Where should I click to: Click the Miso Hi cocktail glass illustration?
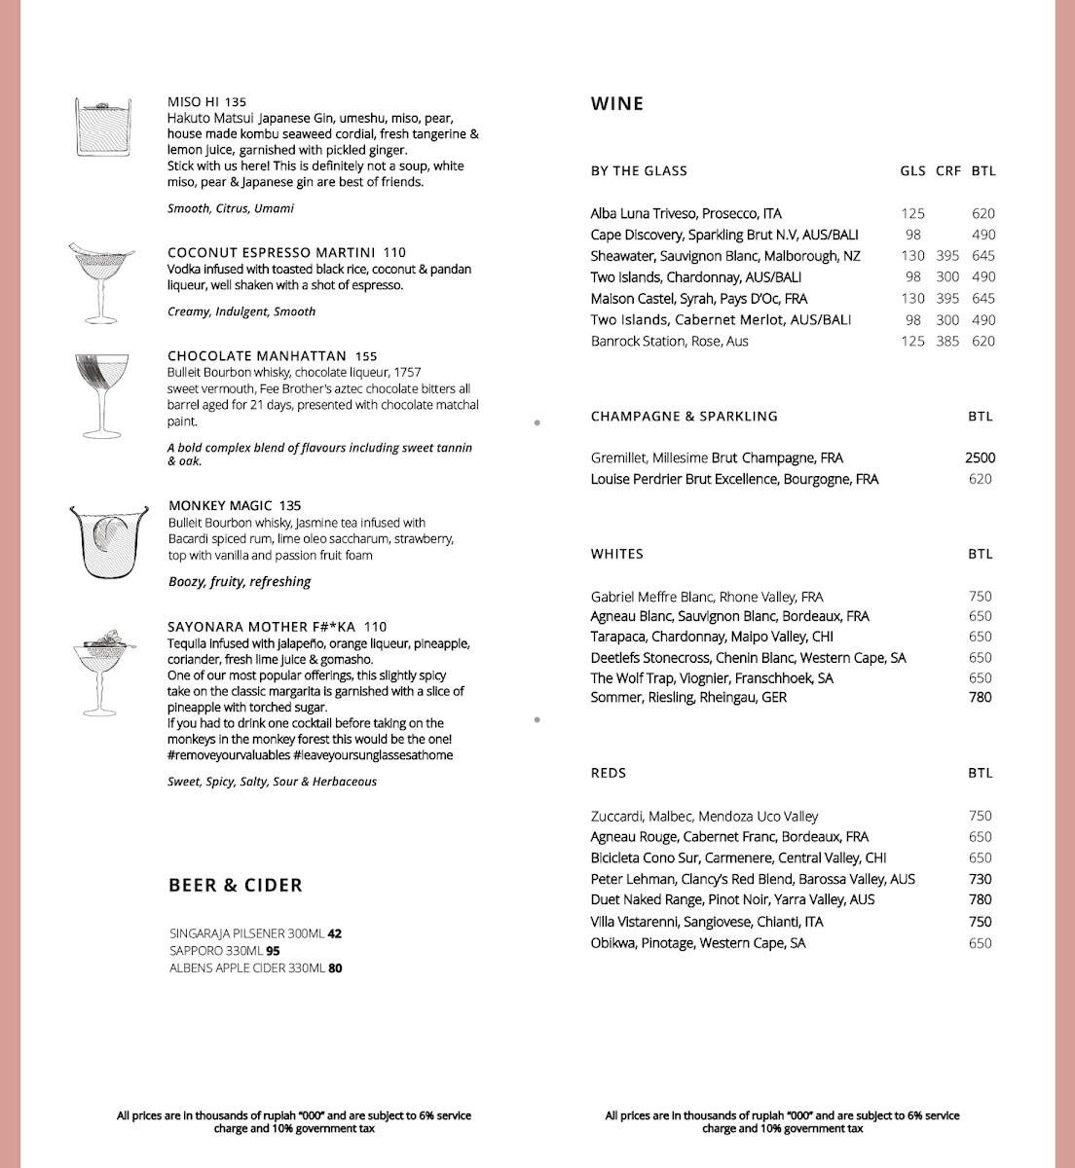coord(106,127)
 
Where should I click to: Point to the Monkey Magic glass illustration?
coord(108,540)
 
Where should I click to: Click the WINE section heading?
coord(617,104)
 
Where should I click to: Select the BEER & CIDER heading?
coord(236,885)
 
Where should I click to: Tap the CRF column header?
coord(947,170)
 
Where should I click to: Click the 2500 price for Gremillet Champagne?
coord(980,457)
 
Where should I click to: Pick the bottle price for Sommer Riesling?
coord(980,697)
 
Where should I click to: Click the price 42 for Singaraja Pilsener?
coord(335,933)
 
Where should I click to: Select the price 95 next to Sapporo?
coord(273,951)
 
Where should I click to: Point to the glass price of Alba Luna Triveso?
coord(912,213)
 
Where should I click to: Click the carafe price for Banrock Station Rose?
coord(947,341)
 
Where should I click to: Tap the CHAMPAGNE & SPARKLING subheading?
coord(684,416)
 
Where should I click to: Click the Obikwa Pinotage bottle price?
coord(980,942)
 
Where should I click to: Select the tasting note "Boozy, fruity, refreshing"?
coord(240,582)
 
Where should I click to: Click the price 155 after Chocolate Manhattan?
coord(366,356)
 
